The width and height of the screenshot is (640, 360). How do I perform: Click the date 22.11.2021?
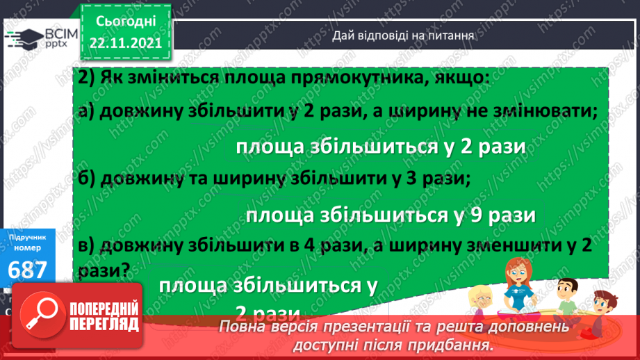pos(125,43)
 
